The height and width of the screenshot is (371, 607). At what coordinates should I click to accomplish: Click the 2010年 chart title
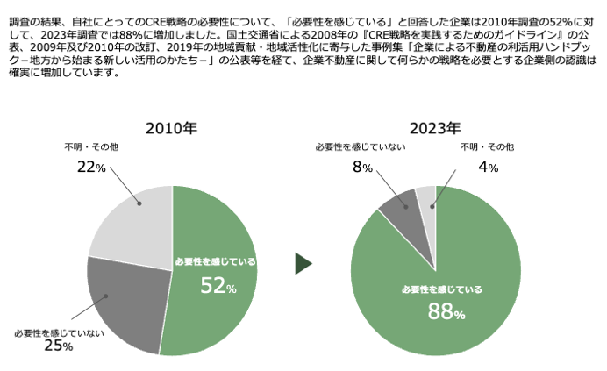click(x=172, y=128)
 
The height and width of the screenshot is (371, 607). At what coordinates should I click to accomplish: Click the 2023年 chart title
click(x=435, y=128)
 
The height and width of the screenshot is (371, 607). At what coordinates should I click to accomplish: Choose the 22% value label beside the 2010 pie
click(x=91, y=167)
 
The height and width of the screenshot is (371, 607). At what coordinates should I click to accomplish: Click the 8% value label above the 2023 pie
click(x=362, y=167)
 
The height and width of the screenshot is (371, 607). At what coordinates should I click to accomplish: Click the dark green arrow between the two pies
click(x=303, y=263)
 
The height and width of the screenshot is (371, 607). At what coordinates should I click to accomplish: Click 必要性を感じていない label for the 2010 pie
click(x=59, y=332)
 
